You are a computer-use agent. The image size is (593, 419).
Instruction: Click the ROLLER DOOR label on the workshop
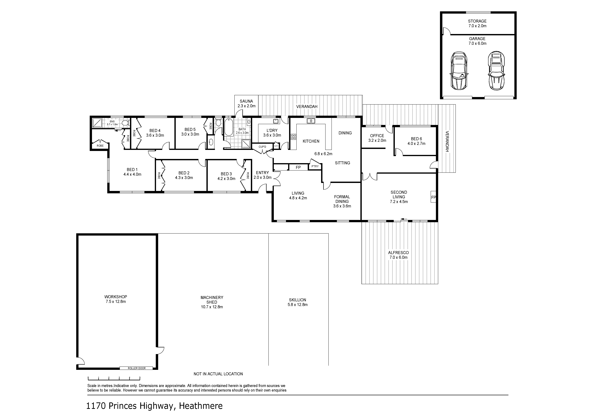click(137, 368)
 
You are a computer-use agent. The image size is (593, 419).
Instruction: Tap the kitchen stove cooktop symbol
click(293, 137)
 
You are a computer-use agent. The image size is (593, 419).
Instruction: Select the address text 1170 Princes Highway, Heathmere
click(154, 406)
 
